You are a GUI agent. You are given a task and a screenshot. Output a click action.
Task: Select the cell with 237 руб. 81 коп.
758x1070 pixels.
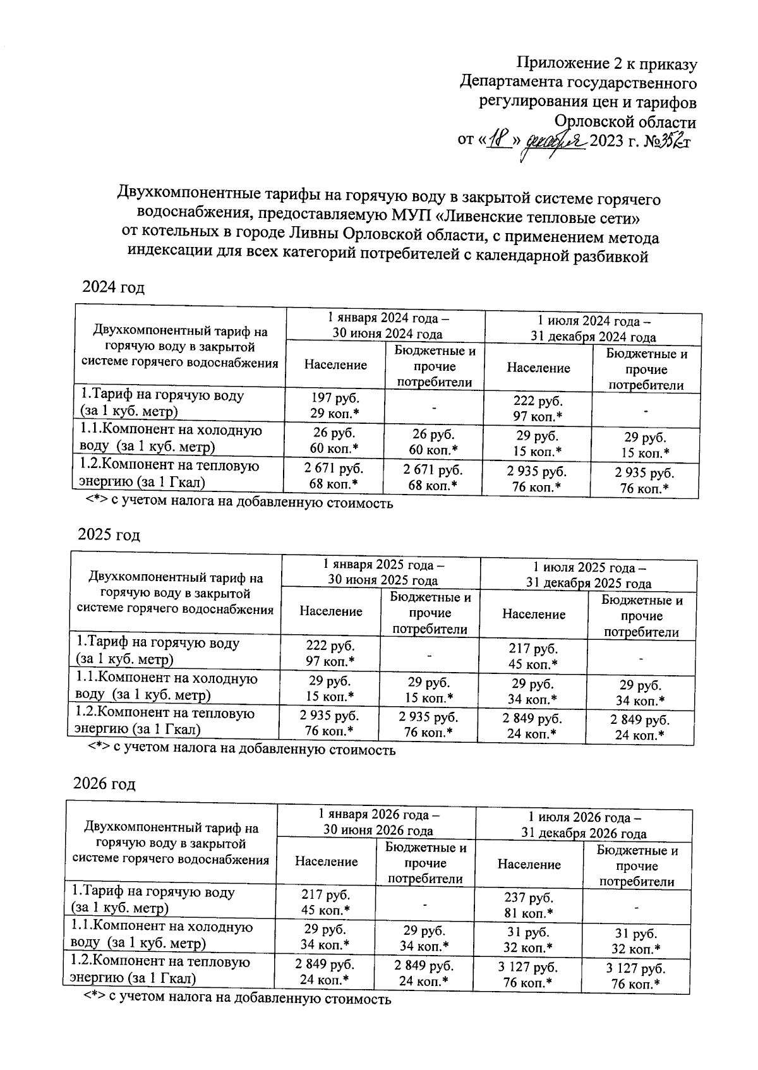click(x=529, y=905)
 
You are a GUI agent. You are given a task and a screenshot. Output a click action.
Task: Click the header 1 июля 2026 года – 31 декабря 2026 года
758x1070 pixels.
click(x=584, y=824)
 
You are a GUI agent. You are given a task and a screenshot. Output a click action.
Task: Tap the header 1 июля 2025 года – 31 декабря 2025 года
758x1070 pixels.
click(x=589, y=575)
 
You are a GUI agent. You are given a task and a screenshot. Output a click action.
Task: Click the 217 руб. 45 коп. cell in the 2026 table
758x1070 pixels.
click(x=326, y=902)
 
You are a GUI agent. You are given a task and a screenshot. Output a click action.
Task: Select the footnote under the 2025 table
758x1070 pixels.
click(x=241, y=750)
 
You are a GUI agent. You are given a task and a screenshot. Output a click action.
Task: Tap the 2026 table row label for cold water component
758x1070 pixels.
click(x=162, y=935)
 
